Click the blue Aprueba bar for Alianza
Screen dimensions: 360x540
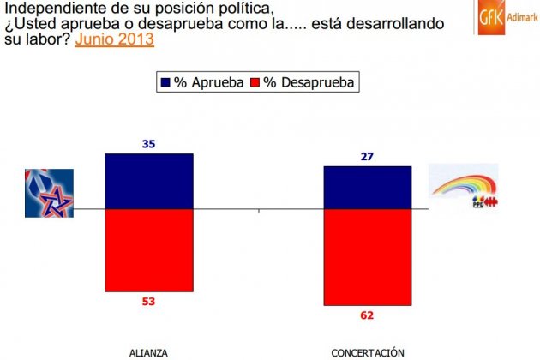[x=148, y=181]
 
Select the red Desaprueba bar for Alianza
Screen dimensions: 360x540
[x=148, y=250]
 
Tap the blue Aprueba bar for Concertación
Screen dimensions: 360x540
[x=367, y=187]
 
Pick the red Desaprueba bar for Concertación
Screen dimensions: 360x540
[x=367, y=256]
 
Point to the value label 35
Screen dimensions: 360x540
[x=148, y=145]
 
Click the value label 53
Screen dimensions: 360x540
[x=148, y=302]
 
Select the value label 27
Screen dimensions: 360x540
[x=367, y=157]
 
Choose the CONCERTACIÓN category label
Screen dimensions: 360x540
[x=367, y=351]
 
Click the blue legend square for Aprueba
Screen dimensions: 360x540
[x=165, y=82]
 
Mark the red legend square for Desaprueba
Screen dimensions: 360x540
[x=255, y=82]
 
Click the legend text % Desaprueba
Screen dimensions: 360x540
[x=309, y=82]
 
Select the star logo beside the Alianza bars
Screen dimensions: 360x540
[x=49, y=192]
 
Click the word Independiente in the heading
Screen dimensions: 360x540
[x=50, y=8]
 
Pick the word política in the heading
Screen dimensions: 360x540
[x=234, y=8]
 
